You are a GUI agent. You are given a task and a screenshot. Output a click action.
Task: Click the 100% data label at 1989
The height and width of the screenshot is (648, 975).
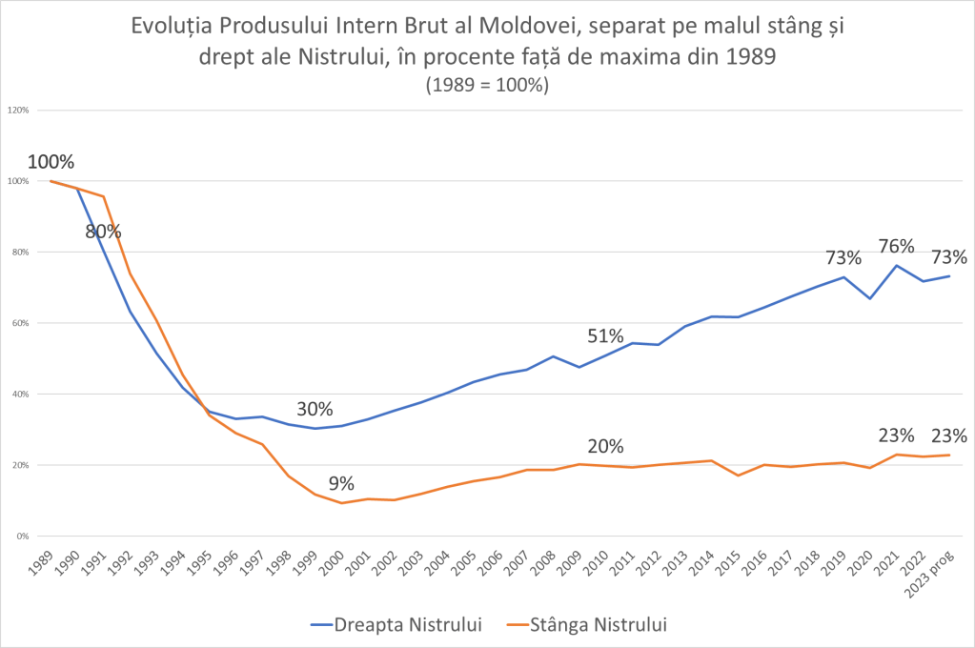click(x=51, y=162)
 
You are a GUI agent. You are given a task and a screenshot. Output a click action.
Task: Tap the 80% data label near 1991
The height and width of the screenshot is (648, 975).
click(x=103, y=232)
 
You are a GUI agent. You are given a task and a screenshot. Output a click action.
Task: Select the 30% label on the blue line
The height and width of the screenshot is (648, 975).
click(x=315, y=409)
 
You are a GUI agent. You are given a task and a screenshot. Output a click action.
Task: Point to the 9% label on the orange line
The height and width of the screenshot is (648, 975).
click(x=340, y=483)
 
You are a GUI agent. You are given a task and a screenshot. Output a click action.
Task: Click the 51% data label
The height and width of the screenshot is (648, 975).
click(x=605, y=335)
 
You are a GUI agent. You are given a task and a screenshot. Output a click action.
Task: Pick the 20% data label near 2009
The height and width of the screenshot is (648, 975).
click(x=605, y=446)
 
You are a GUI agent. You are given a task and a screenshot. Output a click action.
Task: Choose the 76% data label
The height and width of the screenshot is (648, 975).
click(x=897, y=246)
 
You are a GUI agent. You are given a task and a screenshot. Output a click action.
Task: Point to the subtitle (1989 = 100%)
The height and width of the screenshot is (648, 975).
click(x=487, y=84)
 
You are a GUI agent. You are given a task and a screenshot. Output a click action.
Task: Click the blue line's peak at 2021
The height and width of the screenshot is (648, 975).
click(x=897, y=265)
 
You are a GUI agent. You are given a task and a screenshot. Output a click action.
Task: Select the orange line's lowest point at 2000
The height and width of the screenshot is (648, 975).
click(x=341, y=503)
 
